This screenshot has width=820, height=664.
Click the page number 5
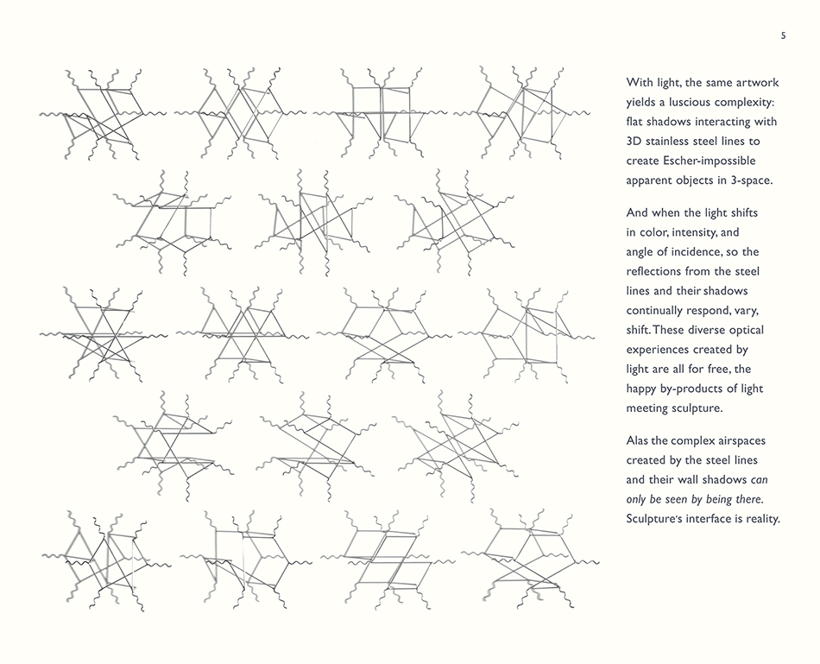783,35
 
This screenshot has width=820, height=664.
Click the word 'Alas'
640,440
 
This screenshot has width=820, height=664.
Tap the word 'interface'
711,519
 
